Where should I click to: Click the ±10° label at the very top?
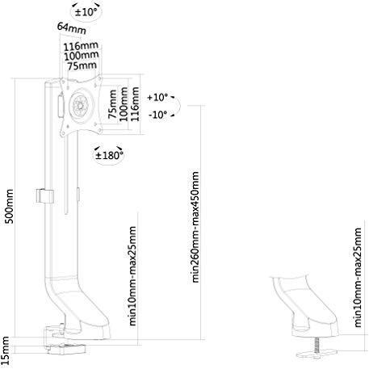click(x=86, y=12)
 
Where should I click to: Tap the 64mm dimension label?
click(x=72, y=28)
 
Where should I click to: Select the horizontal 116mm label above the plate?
click(x=81, y=46)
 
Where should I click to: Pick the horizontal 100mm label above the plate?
click(x=81, y=56)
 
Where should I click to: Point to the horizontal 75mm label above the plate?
click(x=82, y=65)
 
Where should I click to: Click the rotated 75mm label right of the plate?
click(x=112, y=104)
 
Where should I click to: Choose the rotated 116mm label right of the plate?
click(x=135, y=104)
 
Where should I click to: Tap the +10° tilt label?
click(x=157, y=97)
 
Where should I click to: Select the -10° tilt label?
click(x=158, y=115)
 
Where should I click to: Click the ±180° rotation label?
click(x=109, y=155)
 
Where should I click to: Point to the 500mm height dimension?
click(x=10, y=206)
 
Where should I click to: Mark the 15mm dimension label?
click(x=5, y=352)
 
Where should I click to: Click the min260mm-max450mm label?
click(x=195, y=227)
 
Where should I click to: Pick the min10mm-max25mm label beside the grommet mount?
click(x=358, y=277)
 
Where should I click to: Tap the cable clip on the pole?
click(x=44, y=196)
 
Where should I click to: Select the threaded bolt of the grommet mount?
click(x=317, y=344)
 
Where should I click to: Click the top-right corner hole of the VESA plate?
click(x=99, y=78)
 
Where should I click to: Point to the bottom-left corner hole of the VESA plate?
click(x=63, y=133)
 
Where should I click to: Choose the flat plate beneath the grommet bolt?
click(x=317, y=354)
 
